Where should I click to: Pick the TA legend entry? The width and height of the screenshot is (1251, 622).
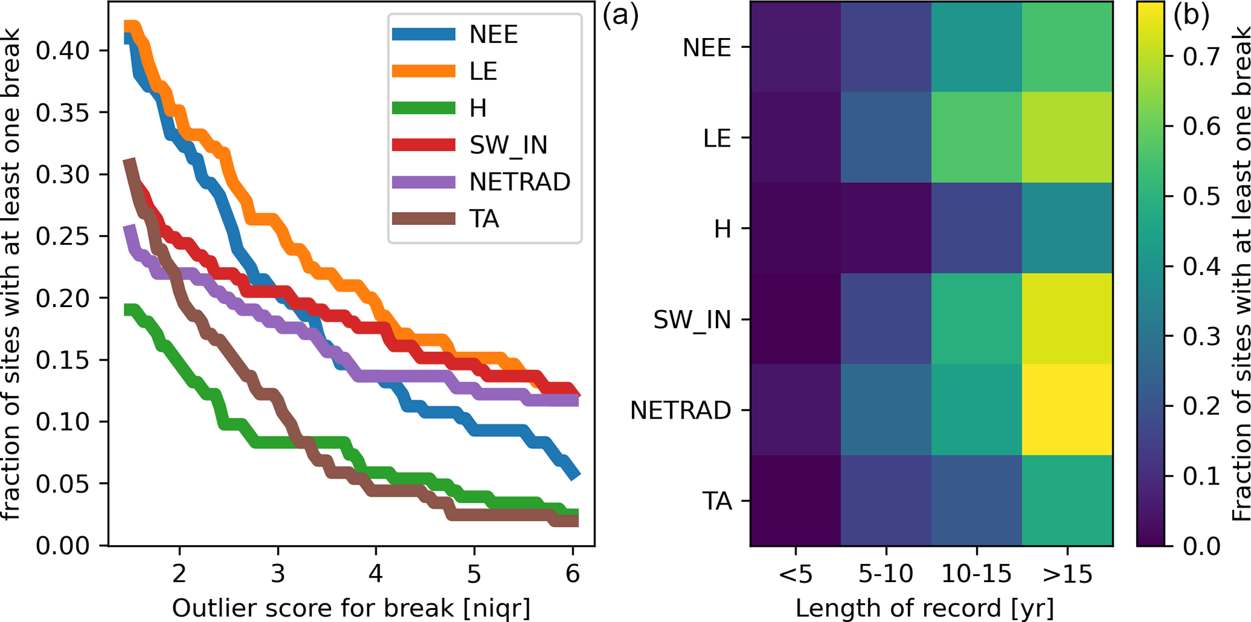pyautogui.click(x=484, y=219)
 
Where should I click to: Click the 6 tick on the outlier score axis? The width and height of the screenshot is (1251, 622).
pyautogui.click(x=573, y=572)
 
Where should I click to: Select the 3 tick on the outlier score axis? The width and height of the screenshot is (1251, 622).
pyautogui.click(x=278, y=572)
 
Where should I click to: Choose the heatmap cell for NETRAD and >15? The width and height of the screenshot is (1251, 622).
pyautogui.click(x=1067, y=409)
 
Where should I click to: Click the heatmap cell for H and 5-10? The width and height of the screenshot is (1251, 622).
pyautogui.click(x=886, y=228)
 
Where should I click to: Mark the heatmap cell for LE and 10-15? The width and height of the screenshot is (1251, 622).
pyautogui.click(x=976, y=137)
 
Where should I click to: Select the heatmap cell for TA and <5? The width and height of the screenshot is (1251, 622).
pyautogui.click(x=795, y=500)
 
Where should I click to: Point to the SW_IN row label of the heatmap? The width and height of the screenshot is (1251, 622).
pyautogui.click(x=692, y=320)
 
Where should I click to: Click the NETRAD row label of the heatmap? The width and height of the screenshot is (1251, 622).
pyautogui.click(x=680, y=411)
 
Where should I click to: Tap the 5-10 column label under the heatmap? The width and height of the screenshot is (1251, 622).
pyautogui.click(x=886, y=572)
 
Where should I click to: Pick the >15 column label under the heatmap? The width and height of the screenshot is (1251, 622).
pyautogui.click(x=1067, y=572)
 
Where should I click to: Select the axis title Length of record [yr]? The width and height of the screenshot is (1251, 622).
pyautogui.click(x=924, y=608)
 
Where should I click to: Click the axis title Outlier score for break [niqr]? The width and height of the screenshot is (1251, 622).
pyautogui.click(x=351, y=608)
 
